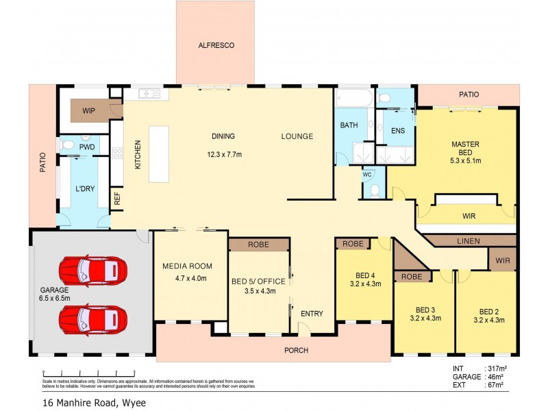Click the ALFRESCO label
coord(216,45)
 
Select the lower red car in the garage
coord(92,318)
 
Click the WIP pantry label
coord(89,110)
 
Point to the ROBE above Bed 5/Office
coord(259,245)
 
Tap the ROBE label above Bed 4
coord(353,244)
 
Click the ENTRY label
coord(312,313)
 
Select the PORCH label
coord(297,350)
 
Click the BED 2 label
coord(488,310)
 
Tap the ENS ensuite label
coord(397,130)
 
